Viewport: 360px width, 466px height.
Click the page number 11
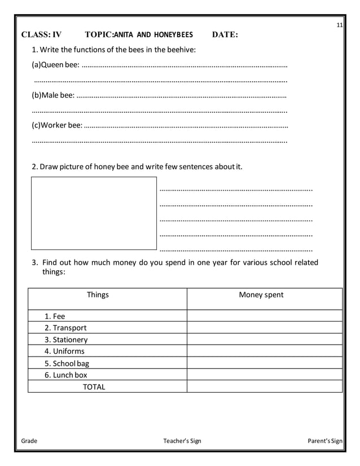339,25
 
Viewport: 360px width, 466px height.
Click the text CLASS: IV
41,34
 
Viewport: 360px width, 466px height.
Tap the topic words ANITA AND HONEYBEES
153,34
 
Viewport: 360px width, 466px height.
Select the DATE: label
225,34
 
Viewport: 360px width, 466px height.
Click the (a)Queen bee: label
55,65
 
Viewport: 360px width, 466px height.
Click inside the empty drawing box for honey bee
94,213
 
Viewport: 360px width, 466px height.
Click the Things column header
98,294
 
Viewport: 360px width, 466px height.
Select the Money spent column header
261,294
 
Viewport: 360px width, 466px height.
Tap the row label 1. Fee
55,316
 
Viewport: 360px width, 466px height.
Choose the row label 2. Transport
65,328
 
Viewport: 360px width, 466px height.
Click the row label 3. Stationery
66,340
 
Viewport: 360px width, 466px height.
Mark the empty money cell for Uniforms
264,351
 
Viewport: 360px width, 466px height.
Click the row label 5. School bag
67,363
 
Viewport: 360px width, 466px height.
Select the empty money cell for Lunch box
264,375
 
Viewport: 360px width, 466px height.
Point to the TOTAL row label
94,386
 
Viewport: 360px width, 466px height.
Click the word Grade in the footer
29,441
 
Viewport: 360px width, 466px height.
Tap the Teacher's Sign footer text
182,441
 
